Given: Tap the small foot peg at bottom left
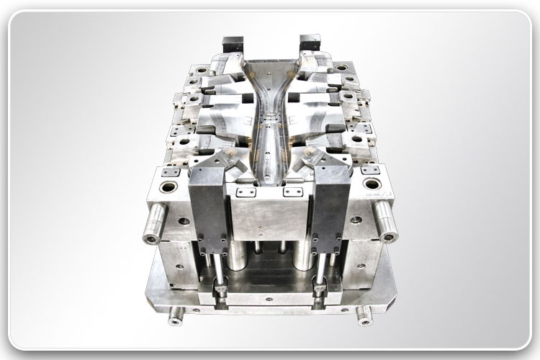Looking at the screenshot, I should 175,315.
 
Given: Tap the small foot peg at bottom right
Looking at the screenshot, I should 364,314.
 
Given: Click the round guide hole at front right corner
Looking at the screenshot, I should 371,184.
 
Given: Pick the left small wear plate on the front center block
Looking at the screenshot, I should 246,192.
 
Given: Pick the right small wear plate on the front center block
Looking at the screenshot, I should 292,192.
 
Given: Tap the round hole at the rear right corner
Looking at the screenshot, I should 341,68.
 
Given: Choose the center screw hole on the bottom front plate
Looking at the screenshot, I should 270,305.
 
